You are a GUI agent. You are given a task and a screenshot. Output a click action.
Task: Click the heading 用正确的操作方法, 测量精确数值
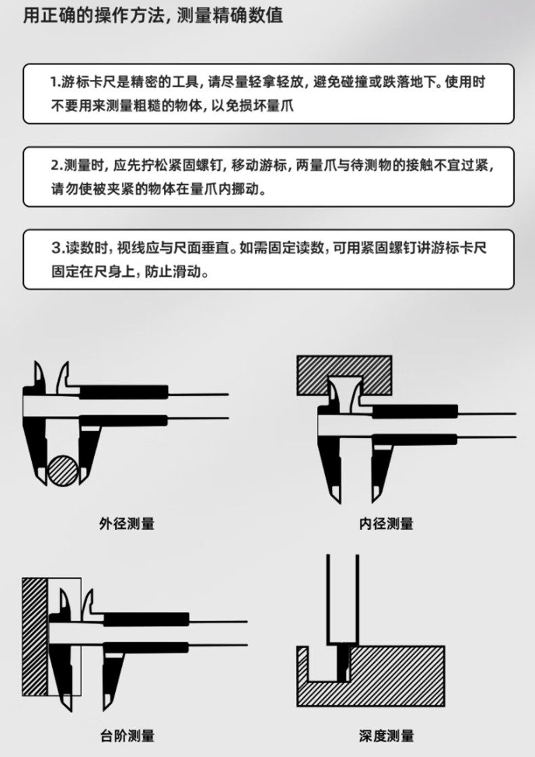pyautogui.click(x=153, y=16)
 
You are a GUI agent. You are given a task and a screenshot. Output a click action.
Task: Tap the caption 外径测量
pyautogui.click(x=127, y=524)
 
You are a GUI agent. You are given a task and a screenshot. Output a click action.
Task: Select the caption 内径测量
pyautogui.click(x=386, y=524)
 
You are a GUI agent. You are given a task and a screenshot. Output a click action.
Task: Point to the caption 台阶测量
pyautogui.click(x=127, y=736)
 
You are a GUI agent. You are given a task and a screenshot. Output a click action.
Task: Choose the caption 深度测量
pyautogui.click(x=387, y=736)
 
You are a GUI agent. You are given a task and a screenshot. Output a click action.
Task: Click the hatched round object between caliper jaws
pyautogui.click(x=63, y=470)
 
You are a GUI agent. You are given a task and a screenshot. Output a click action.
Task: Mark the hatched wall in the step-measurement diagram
pyautogui.click(x=35, y=637)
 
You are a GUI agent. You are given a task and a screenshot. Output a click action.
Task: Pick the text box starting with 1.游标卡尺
pyautogui.click(x=269, y=94)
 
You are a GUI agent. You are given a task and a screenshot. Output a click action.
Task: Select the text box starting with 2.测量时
pyautogui.click(x=269, y=177)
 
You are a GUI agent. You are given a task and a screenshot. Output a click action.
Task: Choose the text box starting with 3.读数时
pyautogui.click(x=269, y=260)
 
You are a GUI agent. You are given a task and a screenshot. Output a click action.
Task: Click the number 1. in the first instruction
pyautogui.click(x=56, y=82)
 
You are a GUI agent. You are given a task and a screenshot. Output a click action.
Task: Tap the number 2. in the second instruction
pyautogui.click(x=57, y=165)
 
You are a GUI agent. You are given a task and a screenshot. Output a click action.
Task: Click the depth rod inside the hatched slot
pyautogui.click(x=343, y=663)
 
